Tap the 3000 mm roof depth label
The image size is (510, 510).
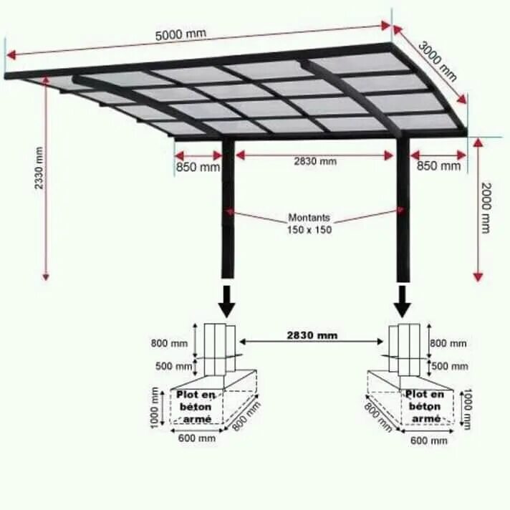pos(438,62)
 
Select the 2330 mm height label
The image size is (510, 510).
pos(39,168)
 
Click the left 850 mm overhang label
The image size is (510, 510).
pos(198,167)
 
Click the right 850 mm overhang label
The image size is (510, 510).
pos(438,166)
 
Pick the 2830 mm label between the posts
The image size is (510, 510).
pos(314,161)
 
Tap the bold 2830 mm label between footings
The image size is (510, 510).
pos(312,335)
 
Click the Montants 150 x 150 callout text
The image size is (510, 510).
pos(310,223)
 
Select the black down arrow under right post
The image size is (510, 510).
pos(403,301)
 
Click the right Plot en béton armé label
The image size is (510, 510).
pos(425,406)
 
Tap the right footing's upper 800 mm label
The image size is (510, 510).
pos(448,344)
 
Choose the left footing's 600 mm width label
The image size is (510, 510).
pos(198,438)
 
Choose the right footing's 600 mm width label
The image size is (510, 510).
pos(429,441)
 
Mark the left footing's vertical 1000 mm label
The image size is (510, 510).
pos(155,408)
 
